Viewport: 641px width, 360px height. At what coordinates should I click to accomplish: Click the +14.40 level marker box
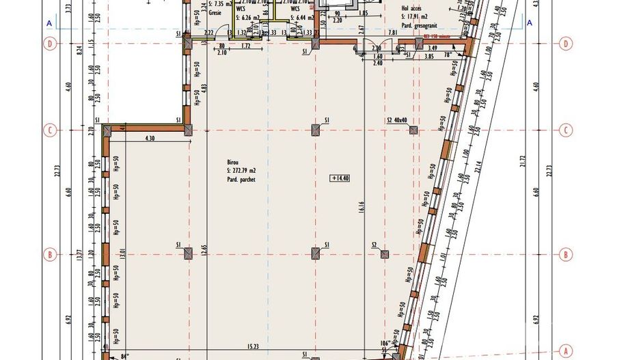point(340,178)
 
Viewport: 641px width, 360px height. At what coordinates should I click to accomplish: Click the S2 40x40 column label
point(397,120)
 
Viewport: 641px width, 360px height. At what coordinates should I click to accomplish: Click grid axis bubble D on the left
point(49,44)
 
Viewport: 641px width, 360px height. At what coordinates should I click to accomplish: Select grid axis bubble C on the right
point(566,130)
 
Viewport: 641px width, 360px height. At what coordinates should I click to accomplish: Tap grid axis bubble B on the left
point(49,255)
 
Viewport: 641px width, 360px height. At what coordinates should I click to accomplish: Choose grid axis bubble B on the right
point(566,255)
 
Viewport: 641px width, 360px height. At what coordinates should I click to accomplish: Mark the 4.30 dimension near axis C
point(150,139)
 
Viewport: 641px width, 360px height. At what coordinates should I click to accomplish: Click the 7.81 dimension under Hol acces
point(392,32)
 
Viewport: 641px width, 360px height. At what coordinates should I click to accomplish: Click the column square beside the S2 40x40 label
point(413,130)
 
